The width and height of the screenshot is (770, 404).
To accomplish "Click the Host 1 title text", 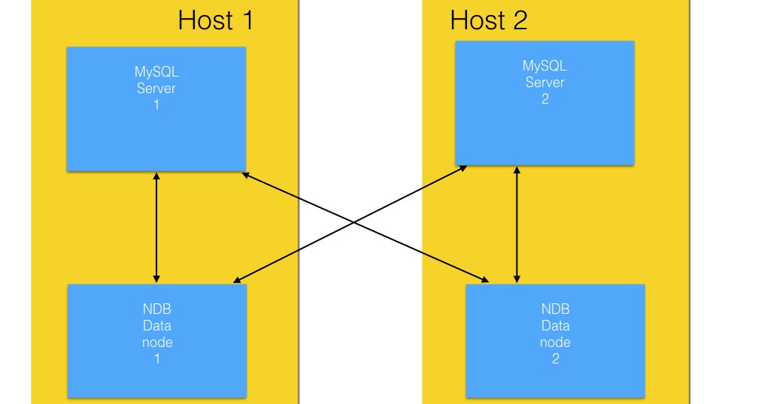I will (216, 20).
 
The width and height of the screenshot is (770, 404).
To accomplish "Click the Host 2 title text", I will (489, 20).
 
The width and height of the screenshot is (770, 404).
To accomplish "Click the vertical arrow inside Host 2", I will (517, 225).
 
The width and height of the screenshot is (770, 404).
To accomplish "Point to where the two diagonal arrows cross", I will (353, 224).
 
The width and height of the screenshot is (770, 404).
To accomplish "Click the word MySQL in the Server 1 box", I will (157, 72).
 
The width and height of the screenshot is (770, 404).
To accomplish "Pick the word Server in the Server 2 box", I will (545, 83).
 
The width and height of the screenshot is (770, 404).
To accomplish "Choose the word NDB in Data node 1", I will (157, 309).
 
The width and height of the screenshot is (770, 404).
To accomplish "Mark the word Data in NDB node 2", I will (555, 326).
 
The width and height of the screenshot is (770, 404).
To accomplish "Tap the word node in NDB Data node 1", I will (157, 342).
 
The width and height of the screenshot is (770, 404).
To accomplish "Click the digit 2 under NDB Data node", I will (555, 359).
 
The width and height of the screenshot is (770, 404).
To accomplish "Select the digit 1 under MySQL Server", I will (156, 105).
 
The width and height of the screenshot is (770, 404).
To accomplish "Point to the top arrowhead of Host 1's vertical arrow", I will (156, 176).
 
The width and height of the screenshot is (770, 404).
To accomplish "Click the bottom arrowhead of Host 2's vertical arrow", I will (517, 279).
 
